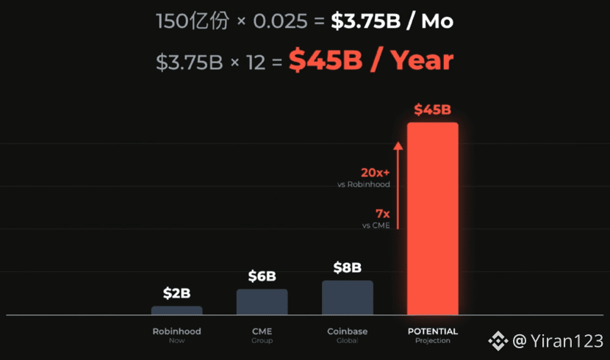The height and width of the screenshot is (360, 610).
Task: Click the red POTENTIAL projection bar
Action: tap(432, 219)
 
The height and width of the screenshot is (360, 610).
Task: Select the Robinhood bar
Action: tap(176, 311)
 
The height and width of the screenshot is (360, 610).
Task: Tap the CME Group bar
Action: tap(262, 302)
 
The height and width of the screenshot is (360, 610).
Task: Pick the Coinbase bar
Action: tap(347, 298)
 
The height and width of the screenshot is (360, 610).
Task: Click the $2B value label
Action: tap(176, 294)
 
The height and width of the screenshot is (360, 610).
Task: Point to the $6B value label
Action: tap(262, 276)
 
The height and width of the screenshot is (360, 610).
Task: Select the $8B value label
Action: tap(347, 267)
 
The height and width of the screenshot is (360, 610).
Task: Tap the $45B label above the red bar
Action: tap(432, 110)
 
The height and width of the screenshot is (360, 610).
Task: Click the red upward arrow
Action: tap(398, 184)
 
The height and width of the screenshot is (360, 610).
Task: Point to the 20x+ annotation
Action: tap(375, 173)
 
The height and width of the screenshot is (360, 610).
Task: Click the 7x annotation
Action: tap(382, 214)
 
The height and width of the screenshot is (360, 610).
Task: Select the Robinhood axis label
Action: tap(176, 331)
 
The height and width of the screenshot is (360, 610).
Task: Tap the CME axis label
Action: tap(262, 331)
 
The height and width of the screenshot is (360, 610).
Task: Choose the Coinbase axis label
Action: tap(347, 331)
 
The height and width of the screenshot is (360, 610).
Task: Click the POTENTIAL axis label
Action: tap(432, 331)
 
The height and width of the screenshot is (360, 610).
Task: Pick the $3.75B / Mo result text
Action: tap(392, 21)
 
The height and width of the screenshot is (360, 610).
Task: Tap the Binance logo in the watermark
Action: tap(499, 340)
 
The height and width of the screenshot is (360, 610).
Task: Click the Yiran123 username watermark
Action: tap(564, 341)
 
